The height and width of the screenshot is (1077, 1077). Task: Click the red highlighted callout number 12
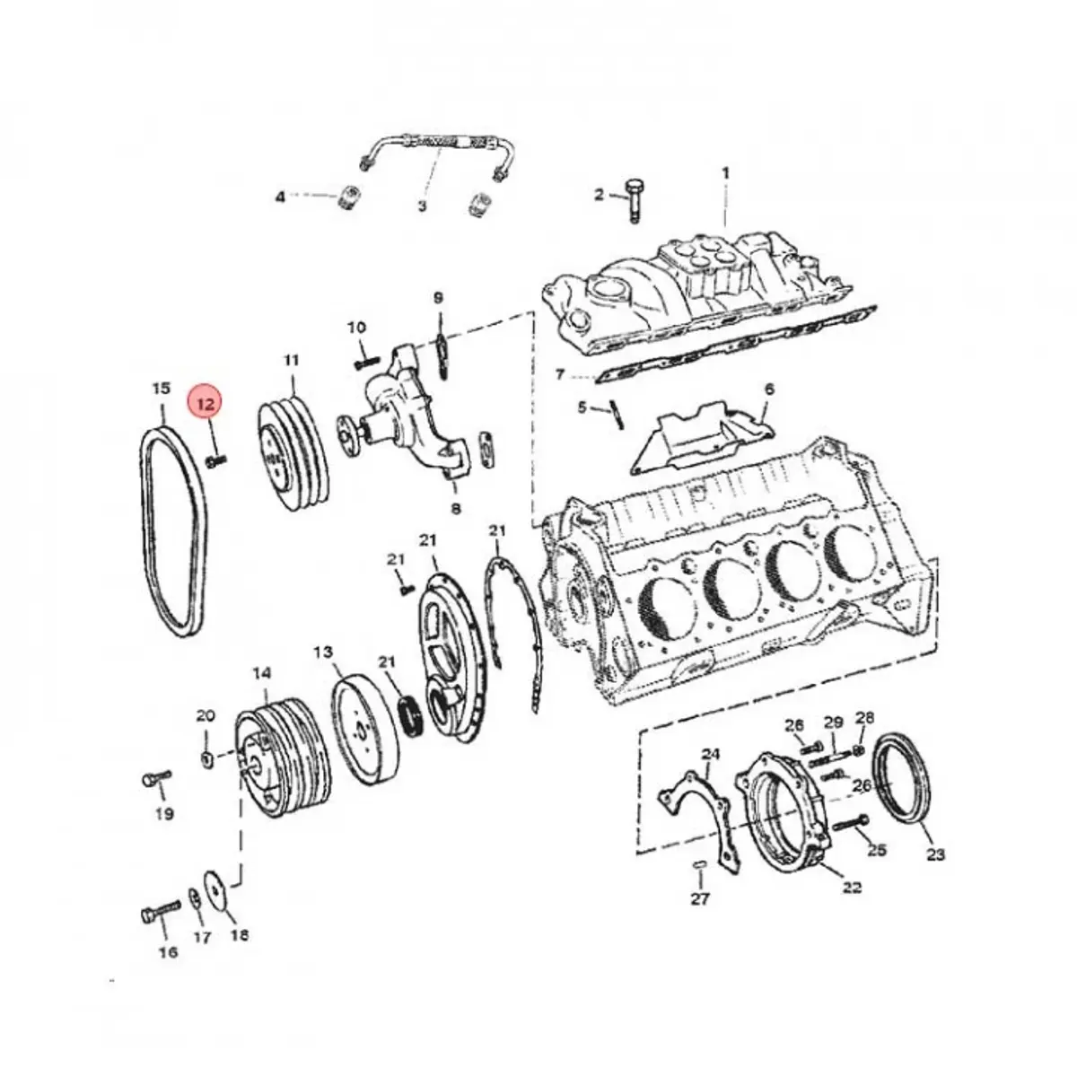pos(206,404)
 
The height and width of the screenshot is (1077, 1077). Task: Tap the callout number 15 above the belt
pos(161,388)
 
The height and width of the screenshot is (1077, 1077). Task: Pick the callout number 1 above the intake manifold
pos(726,173)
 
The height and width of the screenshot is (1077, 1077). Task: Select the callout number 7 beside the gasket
pos(560,374)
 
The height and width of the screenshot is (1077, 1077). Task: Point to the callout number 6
pos(769,389)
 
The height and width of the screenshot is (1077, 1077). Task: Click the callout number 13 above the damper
pos(323,652)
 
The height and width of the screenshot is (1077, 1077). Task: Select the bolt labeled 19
pos(156,777)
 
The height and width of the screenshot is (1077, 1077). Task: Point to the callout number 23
pos(936,871)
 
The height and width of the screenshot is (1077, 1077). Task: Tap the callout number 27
pos(700,915)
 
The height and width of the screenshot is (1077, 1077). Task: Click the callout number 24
pos(710,755)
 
